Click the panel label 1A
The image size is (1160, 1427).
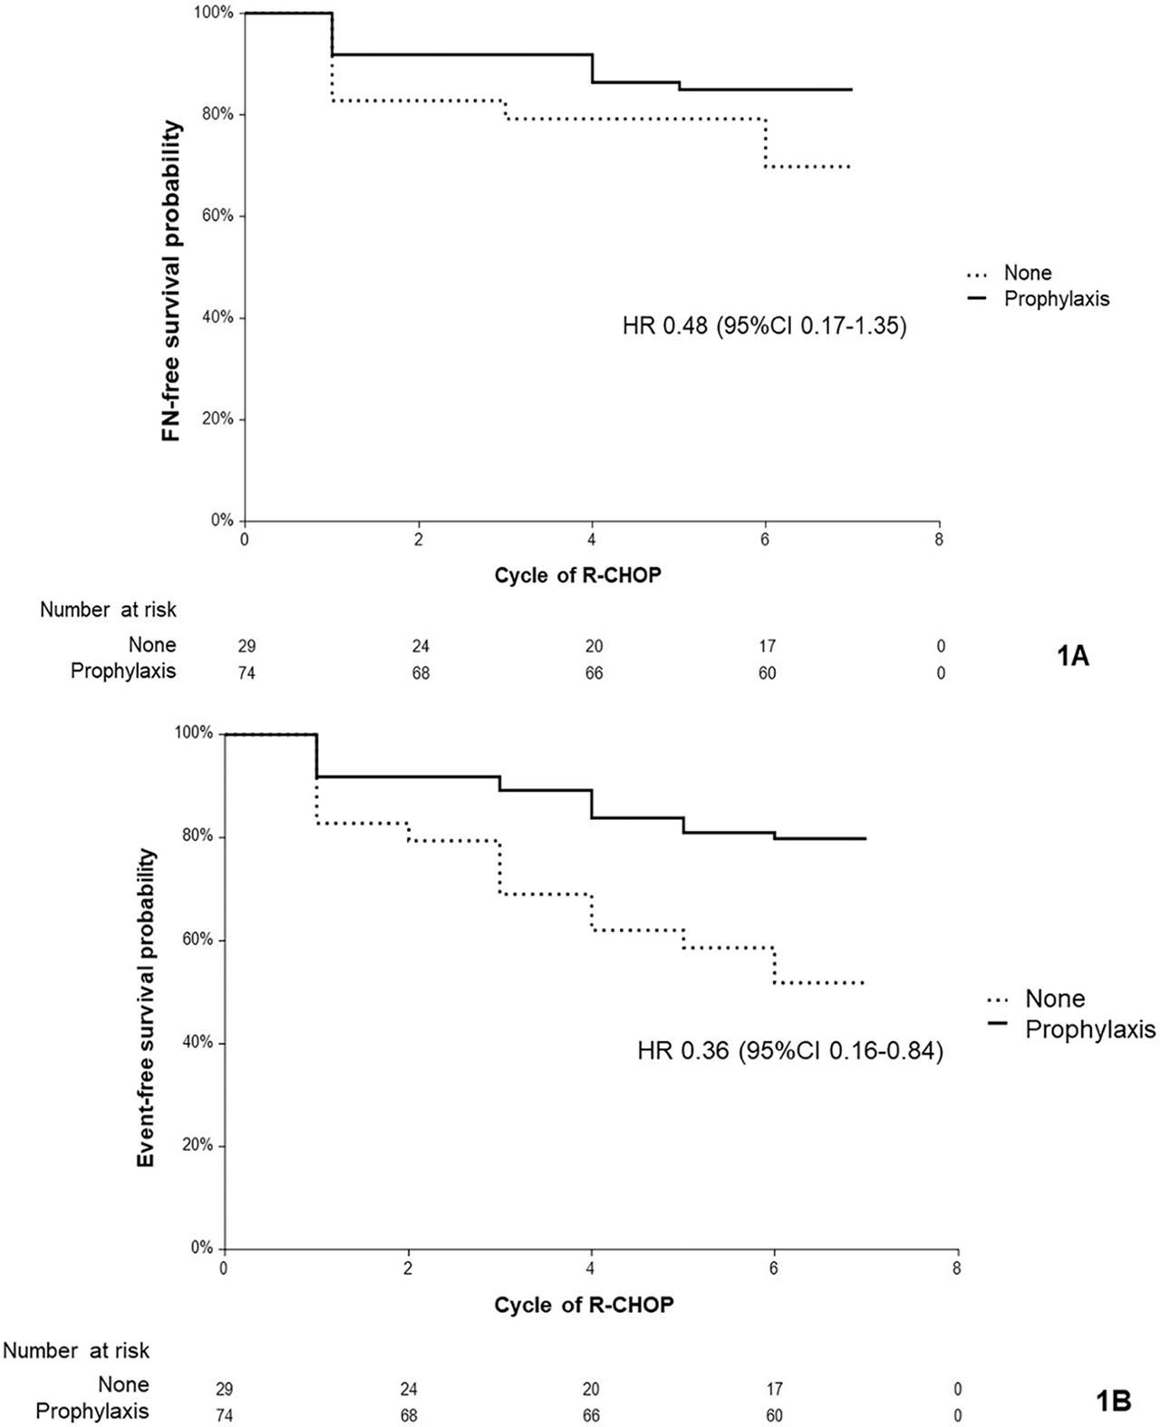click(1073, 656)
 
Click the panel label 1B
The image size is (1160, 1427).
click(1107, 1400)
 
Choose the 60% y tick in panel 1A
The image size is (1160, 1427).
click(217, 216)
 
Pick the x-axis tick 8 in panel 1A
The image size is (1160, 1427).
click(939, 538)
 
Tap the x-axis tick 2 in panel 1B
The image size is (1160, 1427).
click(408, 1268)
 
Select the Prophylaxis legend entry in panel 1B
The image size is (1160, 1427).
click(1090, 1029)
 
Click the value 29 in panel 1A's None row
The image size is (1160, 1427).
click(246, 646)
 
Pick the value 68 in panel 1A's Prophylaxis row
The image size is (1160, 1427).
click(420, 672)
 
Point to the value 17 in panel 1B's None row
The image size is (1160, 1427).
click(775, 1389)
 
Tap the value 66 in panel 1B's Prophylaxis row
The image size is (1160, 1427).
click(591, 1415)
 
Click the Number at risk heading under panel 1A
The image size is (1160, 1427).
click(108, 611)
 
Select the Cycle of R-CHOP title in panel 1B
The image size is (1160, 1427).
click(584, 1305)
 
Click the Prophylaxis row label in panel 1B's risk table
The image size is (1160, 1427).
click(92, 1411)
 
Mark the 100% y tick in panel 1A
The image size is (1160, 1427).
click(215, 13)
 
